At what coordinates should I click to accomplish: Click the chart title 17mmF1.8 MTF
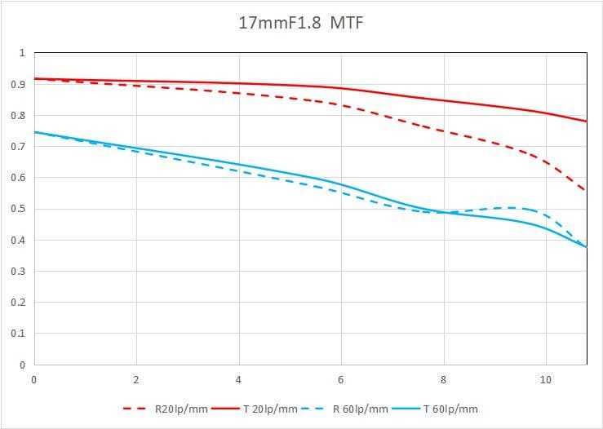pyautogui.click(x=300, y=22)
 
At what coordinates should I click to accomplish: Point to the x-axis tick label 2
pyautogui.click(x=136, y=379)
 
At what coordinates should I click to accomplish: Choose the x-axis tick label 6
pyautogui.click(x=341, y=379)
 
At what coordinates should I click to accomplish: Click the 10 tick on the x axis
pyautogui.click(x=545, y=379)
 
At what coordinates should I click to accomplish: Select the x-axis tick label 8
pyautogui.click(x=443, y=379)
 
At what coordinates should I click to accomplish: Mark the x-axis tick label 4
pyautogui.click(x=238, y=379)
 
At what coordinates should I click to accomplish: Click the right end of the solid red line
pyautogui.click(x=586, y=121)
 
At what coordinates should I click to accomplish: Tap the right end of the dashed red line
pyautogui.click(x=585, y=192)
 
